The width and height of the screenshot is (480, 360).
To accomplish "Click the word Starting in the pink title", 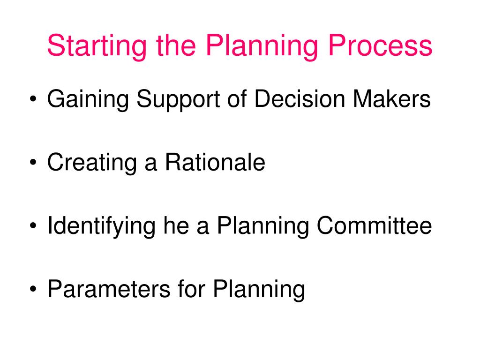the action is pyautogui.click(x=97, y=46).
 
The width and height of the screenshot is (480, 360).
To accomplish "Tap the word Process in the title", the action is pyautogui.click(x=380, y=45).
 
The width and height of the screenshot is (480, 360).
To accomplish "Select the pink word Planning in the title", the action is pyautogui.click(x=262, y=46).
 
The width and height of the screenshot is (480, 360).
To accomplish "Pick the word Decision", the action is pyautogui.click(x=300, y=98).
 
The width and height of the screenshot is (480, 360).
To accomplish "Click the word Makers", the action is pyautogui.click(x=392, y=98).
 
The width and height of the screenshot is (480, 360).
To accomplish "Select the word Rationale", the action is pyautogui.click(x=215, y=162).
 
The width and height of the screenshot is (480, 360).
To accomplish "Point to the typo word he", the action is pyautogui.click(x=176, y=225).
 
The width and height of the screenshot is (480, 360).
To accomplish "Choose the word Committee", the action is pyautogui.click(x=374, y=225).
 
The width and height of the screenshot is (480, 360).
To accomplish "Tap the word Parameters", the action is pyautogui.click(x=109, y=289).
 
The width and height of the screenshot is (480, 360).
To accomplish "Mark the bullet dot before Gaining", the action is pyautogui.click(x=33, y=99).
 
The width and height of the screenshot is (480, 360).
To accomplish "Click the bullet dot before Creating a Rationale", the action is pyautogui.click(x=33, y=162).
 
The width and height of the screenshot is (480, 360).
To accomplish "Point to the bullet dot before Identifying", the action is pyautogui.click(x=33, y=225).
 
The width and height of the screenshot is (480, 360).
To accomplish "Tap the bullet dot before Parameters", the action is pyautogui.click(x=33, y=289).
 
